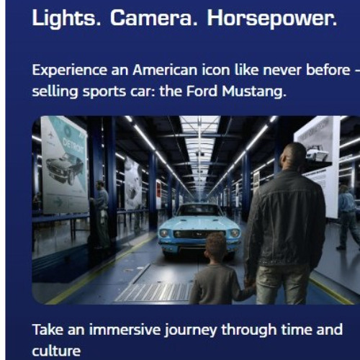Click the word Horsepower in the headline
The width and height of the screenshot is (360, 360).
click(x=271, y=19)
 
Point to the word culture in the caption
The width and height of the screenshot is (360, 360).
click(x=55, y=351)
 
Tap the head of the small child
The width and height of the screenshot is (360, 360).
click(x=215, y=247)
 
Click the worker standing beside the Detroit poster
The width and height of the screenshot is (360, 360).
click(x=102, y=209)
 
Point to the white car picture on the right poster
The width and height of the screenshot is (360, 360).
click(x=317, y=153)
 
